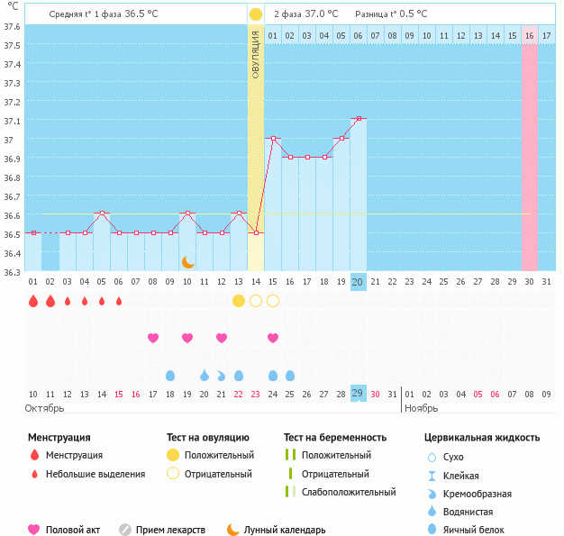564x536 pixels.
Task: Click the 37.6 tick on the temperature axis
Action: point(12,25)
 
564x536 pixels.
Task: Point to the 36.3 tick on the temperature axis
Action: point(12,271)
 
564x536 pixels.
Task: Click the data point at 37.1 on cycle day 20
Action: point(359,118)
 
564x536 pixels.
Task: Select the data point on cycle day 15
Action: point(273,138)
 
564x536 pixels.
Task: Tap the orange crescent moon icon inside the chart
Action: point(187,261)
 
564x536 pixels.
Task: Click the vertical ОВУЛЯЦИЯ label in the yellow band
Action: point(256,54)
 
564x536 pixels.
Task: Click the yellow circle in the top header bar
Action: point(256,14)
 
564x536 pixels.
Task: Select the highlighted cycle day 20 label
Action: point(359,282)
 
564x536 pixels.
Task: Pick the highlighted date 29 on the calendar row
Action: point(359,394)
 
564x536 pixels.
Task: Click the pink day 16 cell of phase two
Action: point(530,35)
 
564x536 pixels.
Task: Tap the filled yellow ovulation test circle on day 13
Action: point(239,300)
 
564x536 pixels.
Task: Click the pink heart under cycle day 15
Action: point(273,338)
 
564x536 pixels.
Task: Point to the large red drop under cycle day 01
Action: point(33,301)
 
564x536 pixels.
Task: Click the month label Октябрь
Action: point(44,408)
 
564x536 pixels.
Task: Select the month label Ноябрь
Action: point(420,408)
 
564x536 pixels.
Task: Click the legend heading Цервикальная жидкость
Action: point(482,438)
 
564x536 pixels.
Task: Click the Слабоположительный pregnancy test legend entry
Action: point(348,493)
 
